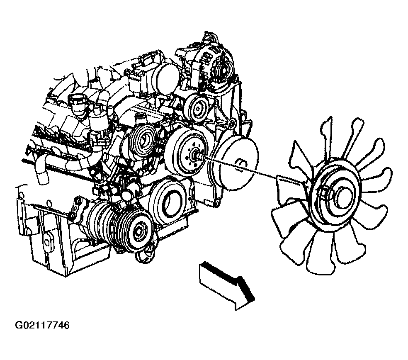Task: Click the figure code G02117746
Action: [42, 326]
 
